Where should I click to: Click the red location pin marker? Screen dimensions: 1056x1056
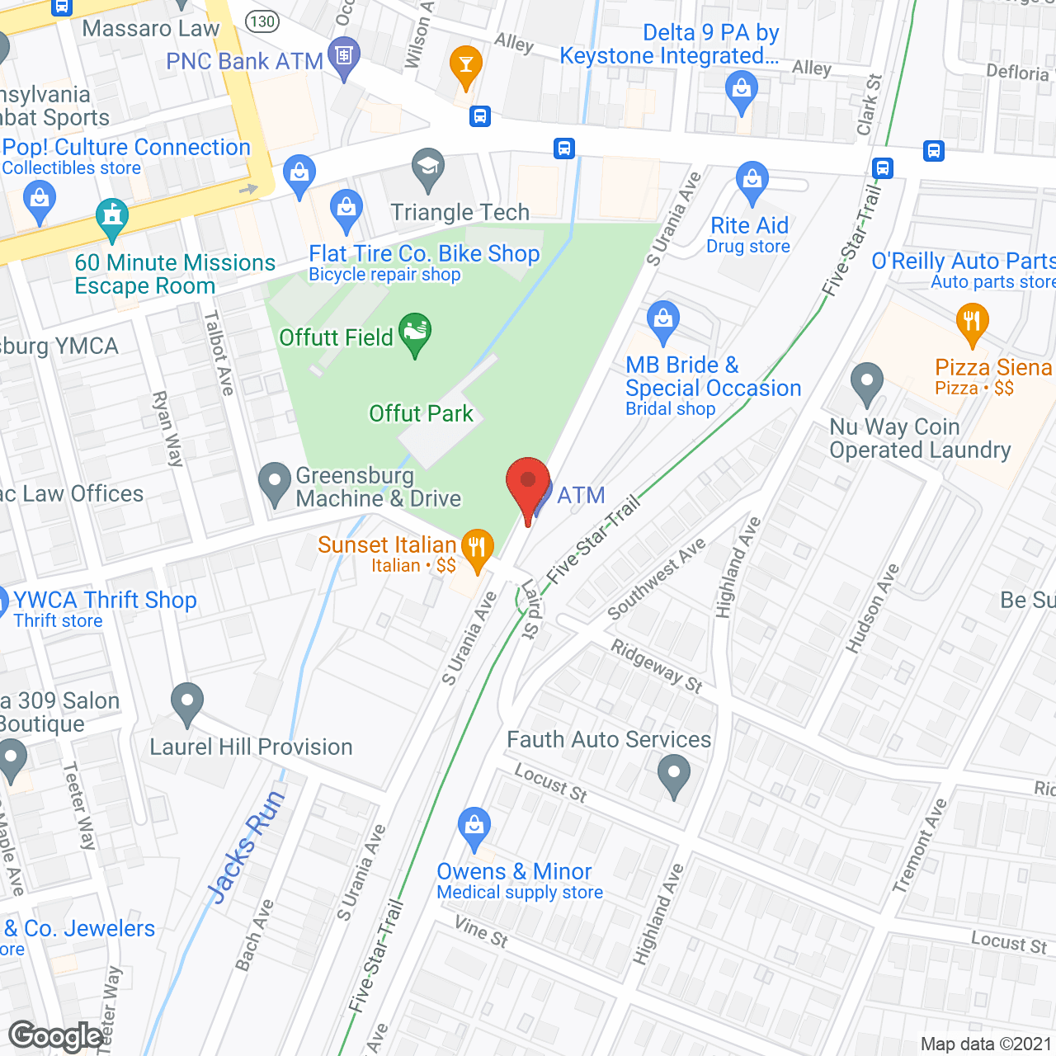(x=528, y=484)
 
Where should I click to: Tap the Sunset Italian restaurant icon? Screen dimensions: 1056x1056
(x=477, y=549)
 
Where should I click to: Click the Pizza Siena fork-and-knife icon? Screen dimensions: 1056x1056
(x=972, y=323)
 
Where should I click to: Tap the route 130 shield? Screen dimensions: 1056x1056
(x=262, y=21)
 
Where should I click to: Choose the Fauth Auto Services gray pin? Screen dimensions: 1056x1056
(x=674, y=775)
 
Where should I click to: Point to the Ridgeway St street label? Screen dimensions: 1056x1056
(x=657, y=666)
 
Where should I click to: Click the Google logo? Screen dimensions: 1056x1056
(x=56, y=1036)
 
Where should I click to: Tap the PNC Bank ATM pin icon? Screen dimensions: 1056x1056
(x=344, y=57)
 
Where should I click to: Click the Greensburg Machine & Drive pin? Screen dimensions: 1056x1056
(x=274, y=483)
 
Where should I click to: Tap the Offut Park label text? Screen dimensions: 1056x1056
(x=421, y=413)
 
